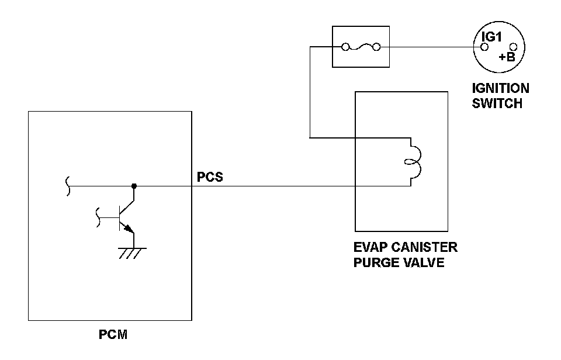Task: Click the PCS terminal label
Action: click(x=210, y=176)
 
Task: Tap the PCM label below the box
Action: click(x=113, y=335)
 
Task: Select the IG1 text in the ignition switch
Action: click(x=491, y=36)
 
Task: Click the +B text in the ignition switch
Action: click(x=507, y=57)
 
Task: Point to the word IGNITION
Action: click(x=501, y=88)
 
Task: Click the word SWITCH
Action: click(x=497, y=103)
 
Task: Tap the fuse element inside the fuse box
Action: click(x=361, y=47)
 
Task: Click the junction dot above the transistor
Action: click(x=134, y=186)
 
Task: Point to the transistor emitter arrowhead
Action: click(x=128, y=228)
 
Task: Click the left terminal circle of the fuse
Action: click(x=345, y=47)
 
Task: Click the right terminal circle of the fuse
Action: click(x=377, y=47)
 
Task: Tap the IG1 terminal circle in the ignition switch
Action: click(x=484, y=47)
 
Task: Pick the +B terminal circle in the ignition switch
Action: click(x=513, y=47)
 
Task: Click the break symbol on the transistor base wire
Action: click(x=98, y=217)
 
